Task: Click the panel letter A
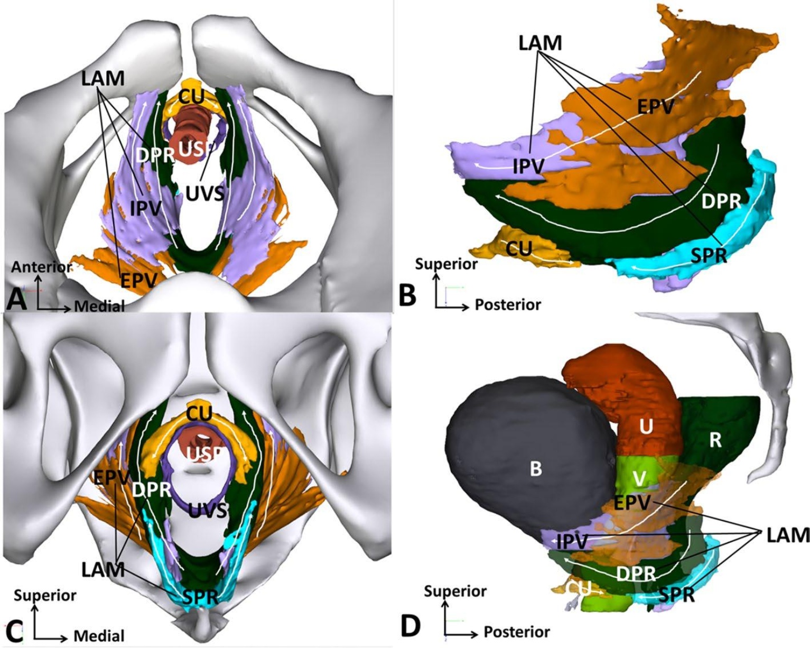[x=16, y=300]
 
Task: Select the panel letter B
[x=407, y=295]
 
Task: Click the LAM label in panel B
[x=539, y=43]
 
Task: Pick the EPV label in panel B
[x=655, y=107]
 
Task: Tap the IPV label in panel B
[x=528, y=166]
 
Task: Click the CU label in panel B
[x=518, y=248]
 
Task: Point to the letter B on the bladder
[x=536, y=468]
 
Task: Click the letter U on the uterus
[x=646, y=427]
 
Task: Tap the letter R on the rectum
[x=715, y=440]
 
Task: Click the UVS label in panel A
[x=205, y=193]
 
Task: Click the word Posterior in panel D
[x=517, y=632]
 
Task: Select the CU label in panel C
[x=199, y=413]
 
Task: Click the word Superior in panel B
[x=446, y=264]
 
